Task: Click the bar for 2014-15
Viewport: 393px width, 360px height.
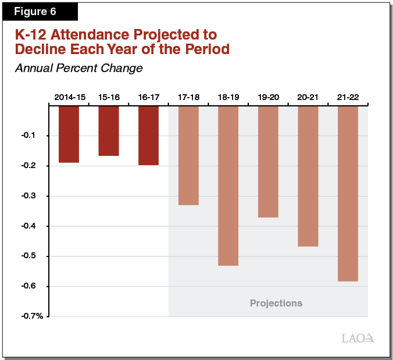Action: (x=69, y=134)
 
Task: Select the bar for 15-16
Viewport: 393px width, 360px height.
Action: (x=109, y=131)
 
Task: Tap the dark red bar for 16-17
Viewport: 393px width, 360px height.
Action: (x=148, y=136)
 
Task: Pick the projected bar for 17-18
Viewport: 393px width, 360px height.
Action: (x=188, y=155)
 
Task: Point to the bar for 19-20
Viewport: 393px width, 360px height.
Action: (x=267, y=162)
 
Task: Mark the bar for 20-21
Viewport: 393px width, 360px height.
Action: (x=308, y=176)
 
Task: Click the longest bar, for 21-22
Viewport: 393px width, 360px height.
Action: (x=348, y=194)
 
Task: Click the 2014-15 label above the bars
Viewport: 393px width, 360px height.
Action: (x=70, y=97)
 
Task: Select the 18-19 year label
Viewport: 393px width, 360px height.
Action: (x=228, y=97)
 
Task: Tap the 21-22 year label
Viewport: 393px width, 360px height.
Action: (x=348, y=97)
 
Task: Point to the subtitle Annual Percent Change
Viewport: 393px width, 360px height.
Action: (x=78, y=68)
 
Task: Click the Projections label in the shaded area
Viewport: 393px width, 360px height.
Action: (x=276, y=303)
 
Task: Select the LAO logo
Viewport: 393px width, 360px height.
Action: (x=356, y=338)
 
